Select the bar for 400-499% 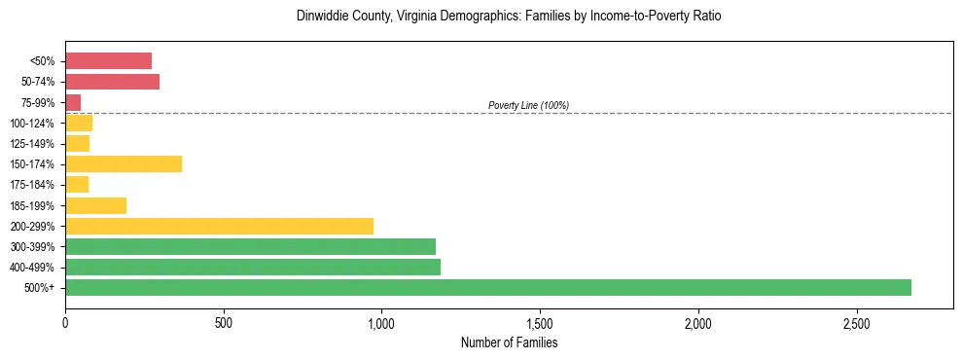click(253, 267)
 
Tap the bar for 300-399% click(250, 246)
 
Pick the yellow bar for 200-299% click(219, 226)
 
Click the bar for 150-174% click(124, 163)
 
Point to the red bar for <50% click(108, 60)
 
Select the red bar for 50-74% click(112, 82)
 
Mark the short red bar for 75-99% click(73, 102)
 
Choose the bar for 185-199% click(95, 205)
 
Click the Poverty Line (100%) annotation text click(528, 105)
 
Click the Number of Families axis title click(509, 342)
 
